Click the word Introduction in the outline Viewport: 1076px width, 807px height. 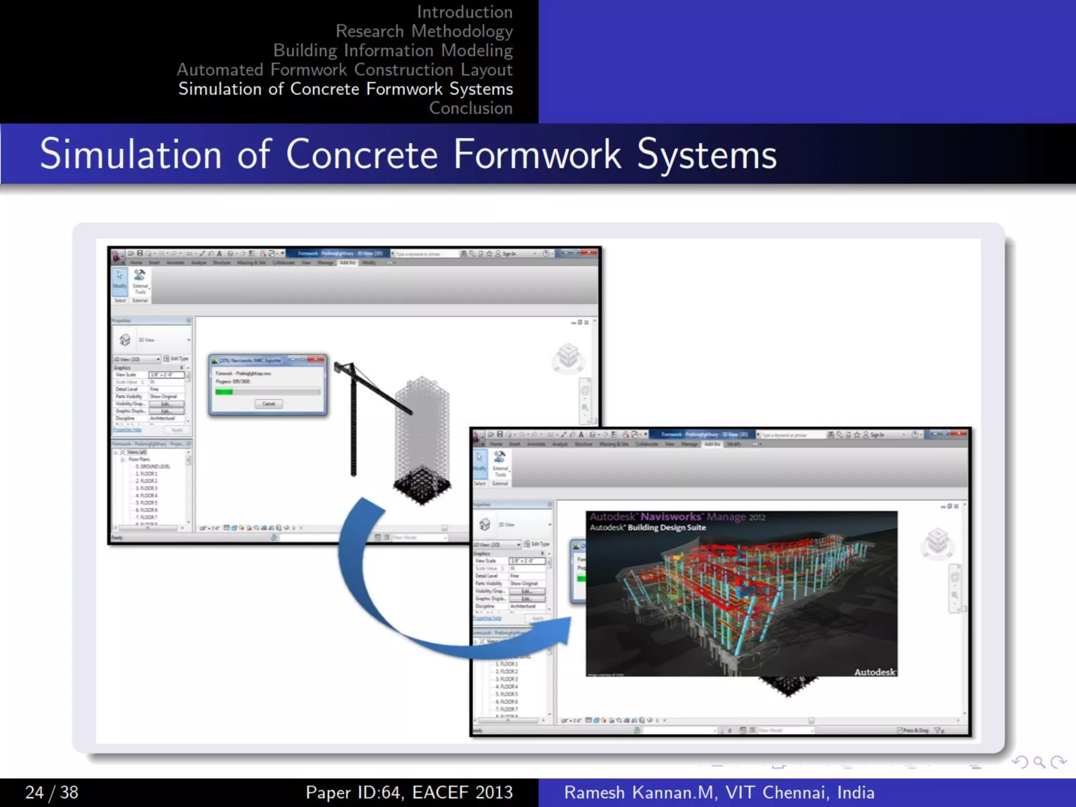[464, 12]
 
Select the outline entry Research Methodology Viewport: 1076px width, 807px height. [424, 32]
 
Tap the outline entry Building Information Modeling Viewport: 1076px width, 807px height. [392, 50]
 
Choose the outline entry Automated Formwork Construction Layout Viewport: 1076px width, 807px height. [344, 70]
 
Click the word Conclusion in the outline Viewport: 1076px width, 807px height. [471, 108]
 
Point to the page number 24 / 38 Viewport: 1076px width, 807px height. [51, 792]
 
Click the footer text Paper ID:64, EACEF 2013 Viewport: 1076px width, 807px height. [409, 792]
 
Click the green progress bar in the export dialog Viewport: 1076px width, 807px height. [224, 392]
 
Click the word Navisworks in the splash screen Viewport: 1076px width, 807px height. [670, 517]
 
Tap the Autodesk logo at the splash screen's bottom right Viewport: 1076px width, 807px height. [874, 672]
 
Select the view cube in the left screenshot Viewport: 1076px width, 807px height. [568, 357]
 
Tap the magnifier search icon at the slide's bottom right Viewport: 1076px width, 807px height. [1039, 762]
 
